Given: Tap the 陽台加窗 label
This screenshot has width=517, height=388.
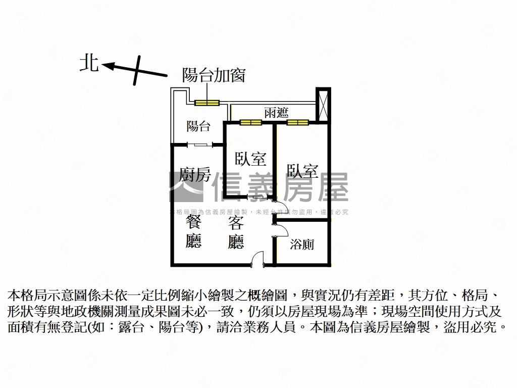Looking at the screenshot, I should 214,75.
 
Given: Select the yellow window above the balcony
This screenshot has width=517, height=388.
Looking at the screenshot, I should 207,103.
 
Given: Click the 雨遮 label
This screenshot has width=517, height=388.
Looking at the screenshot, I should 276,113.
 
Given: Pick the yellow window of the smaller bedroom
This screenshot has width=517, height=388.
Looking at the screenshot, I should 250,122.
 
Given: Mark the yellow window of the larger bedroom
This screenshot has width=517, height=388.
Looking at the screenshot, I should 297,122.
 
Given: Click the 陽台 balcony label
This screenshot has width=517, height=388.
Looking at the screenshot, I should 198,126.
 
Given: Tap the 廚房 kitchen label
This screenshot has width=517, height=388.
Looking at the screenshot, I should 195,175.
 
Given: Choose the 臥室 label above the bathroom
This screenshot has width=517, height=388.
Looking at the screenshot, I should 302,171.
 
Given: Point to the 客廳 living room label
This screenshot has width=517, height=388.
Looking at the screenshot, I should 236,233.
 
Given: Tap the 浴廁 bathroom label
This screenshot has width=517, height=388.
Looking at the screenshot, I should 302,245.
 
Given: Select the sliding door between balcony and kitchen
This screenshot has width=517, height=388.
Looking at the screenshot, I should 200,145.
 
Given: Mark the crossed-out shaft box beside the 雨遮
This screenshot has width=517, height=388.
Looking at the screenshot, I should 322,105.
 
